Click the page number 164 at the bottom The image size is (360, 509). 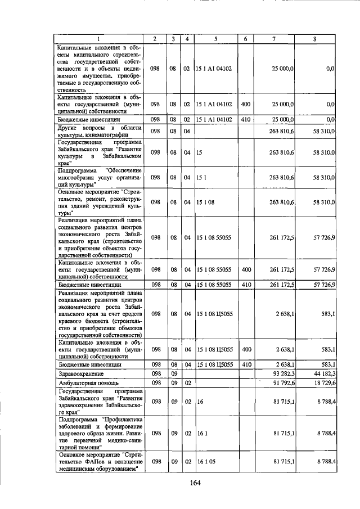195,482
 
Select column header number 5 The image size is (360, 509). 215,39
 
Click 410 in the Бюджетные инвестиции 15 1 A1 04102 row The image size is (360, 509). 245,119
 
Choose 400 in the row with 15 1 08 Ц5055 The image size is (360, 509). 245,349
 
